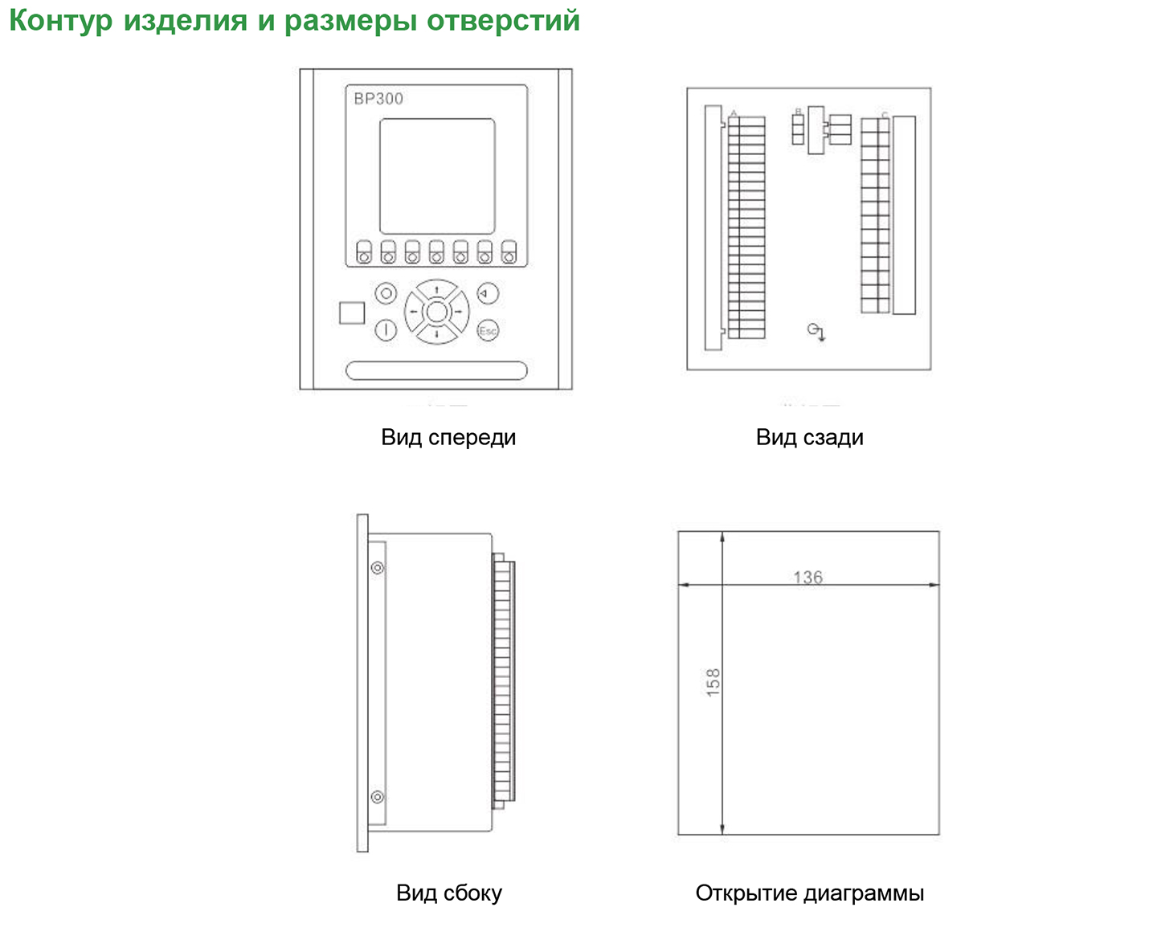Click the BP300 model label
pyautogui.click(x=378, y=99)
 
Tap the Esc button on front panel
pyautogui.click(x=488, y=330)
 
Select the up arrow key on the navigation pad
pyautogui.click(x=436, y=289)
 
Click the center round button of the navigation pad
pyautogui.click(x=436, y=312)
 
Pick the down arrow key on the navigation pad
pyautogui.click(x=436, y=333)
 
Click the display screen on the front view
pyautogui.click(x=436, y=176)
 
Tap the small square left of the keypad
pyautogui.click(x=352, y=313)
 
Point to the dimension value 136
pyautogui.click(x=807, y=577)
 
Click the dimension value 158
pyautogui.click(x=713, y=682)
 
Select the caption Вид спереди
pyautogui.click(x=448, y=438)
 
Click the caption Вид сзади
pyautogui.click(x=809, y=438)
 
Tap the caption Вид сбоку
pyautogui.click(x=448, y=893)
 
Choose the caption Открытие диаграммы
pyautogui.click(x=809, y=893)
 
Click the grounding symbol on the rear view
pyautogui.click(x=816, y=331)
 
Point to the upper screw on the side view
pyautogui.click(x=377, y=568)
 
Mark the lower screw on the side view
pyautogui.click(x=377, y=797)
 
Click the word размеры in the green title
pyautogui.click(x=351, y=21)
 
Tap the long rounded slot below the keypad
pyautogui.click(x=436, y=370)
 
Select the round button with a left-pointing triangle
pyautogui.click(x=488, y=293)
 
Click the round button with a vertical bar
pyautogui.click(x=386, y=330)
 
